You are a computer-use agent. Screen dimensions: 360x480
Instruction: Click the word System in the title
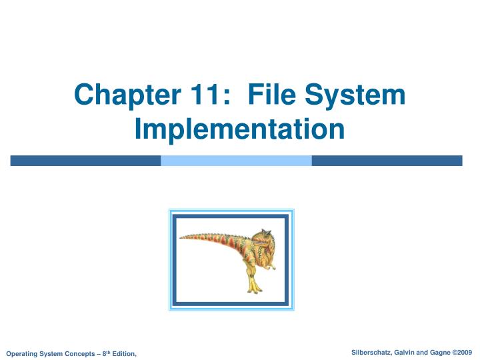pos(358,95)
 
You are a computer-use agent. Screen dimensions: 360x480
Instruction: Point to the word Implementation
pos(239,129)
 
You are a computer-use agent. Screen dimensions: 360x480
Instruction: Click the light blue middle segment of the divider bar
pos(236,161)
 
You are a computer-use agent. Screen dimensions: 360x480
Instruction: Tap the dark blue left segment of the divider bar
pos(85,161)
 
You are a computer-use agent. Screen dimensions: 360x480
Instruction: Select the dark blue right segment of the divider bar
pos(387,161)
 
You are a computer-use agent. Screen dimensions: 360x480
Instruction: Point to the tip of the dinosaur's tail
pos(182,236)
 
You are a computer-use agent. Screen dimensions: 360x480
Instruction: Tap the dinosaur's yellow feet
pos(253,287)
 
